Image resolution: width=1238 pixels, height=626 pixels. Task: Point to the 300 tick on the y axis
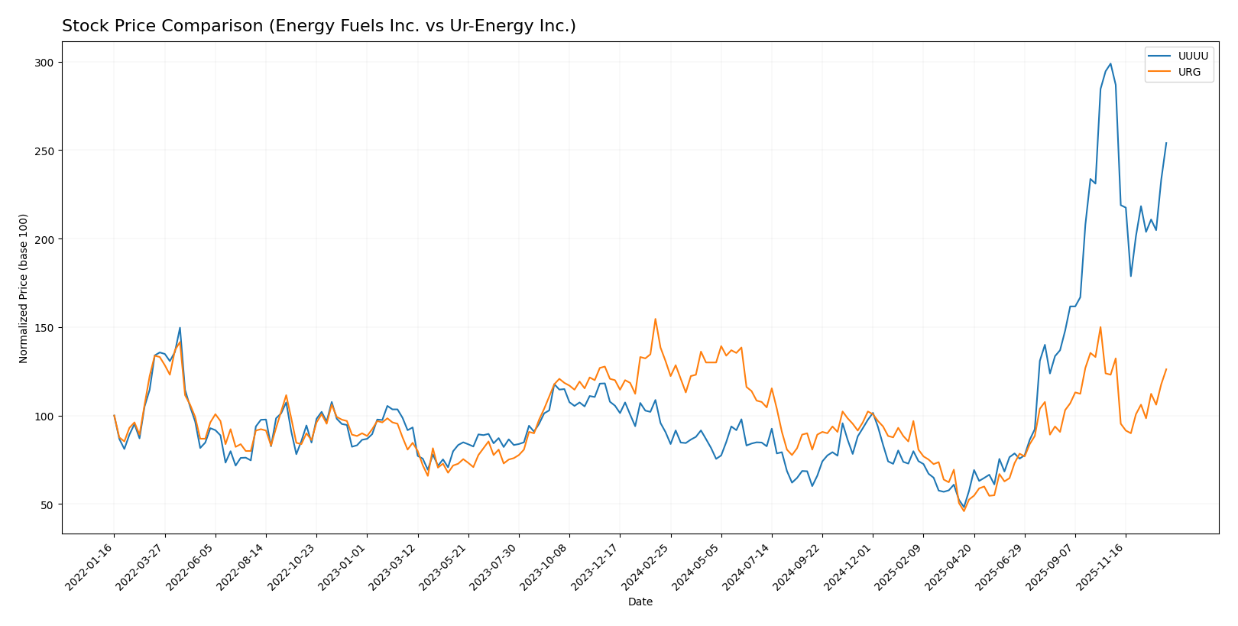(x=45, y=62)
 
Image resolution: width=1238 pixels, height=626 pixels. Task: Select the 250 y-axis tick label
(x=45, y=151)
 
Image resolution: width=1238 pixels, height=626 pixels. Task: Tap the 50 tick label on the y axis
(x=48, y=504)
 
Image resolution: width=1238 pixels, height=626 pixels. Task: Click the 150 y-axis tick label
(x=45, y=328)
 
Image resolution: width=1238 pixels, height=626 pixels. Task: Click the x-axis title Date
(x=640, y=602)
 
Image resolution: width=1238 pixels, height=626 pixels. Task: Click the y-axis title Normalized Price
(x=24, y=288)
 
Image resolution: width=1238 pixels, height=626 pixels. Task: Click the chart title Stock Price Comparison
(x=319, y=27)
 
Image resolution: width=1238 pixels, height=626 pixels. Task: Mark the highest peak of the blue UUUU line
(x=1110, y=63)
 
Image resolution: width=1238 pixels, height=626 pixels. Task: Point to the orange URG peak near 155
(x=655, y=319)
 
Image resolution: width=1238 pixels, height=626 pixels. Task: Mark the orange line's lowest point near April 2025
(x=964, y=511)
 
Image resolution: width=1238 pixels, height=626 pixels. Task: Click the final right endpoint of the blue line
(x=1166, y=143)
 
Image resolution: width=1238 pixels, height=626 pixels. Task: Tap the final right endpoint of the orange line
(x=1166, y=369)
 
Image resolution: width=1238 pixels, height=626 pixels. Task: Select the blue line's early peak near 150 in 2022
(x=180, y=328)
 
